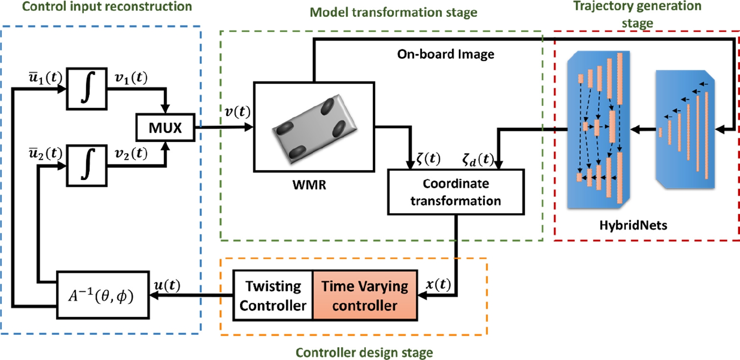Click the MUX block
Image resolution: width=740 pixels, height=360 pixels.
click(165, 128)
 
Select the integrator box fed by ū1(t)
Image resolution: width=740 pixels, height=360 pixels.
click(87, 88)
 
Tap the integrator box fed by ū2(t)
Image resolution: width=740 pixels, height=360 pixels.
click(87, 166)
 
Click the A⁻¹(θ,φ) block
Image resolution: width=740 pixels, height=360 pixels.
click(103, 295)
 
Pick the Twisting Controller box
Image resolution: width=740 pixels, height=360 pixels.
click(273, 296)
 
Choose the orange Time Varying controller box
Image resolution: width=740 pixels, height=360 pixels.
click(365, 296)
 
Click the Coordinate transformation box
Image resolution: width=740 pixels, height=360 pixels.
click(456, 192)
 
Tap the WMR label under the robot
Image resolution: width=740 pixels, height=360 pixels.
click(309, 185)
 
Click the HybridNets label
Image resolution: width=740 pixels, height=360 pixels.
click(633, 225)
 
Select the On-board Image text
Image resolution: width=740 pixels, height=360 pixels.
click(446, 54)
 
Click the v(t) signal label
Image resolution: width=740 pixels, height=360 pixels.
click(237, 112)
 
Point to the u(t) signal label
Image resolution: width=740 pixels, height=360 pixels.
click(167, 285)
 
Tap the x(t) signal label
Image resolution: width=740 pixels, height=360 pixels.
click(438, 284)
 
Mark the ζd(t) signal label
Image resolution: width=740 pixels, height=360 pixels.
click(478, 160)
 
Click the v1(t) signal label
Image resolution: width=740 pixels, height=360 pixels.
click(131, 78)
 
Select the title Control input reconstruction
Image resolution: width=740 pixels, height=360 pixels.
click(107, 7)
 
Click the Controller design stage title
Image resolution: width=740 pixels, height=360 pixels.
click(364, 353)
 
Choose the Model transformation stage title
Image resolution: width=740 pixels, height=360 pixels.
click(393, 13)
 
